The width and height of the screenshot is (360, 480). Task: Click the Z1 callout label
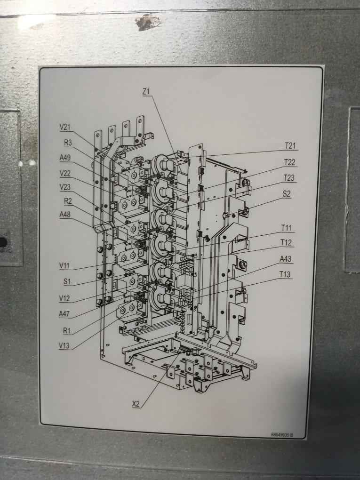[146, 91]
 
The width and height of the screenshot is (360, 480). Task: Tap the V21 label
[65, 127]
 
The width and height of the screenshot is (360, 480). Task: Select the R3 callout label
[68, 143]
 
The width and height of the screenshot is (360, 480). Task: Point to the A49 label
[65, 158]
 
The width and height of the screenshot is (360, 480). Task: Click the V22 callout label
[65, 173]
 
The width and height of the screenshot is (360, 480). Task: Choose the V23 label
[65, 187]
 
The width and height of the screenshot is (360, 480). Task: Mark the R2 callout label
[68, 200]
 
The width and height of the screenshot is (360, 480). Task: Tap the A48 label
[65, 215]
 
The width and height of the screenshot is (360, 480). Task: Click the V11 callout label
[65, 266]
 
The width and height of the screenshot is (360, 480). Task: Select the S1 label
[67, 282]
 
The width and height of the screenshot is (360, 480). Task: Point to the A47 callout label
[65, 313]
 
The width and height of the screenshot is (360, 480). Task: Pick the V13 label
[65, 345]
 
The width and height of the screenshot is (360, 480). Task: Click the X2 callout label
[136, 404]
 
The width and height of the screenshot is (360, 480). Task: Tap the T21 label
[290, 146]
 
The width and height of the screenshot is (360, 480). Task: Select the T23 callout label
[289, 177]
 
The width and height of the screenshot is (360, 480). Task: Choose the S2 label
[287, 193]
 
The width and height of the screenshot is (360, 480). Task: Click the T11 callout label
[286, 228]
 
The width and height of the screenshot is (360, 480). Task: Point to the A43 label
[286, 259]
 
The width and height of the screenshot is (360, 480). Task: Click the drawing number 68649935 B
[282, 435]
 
